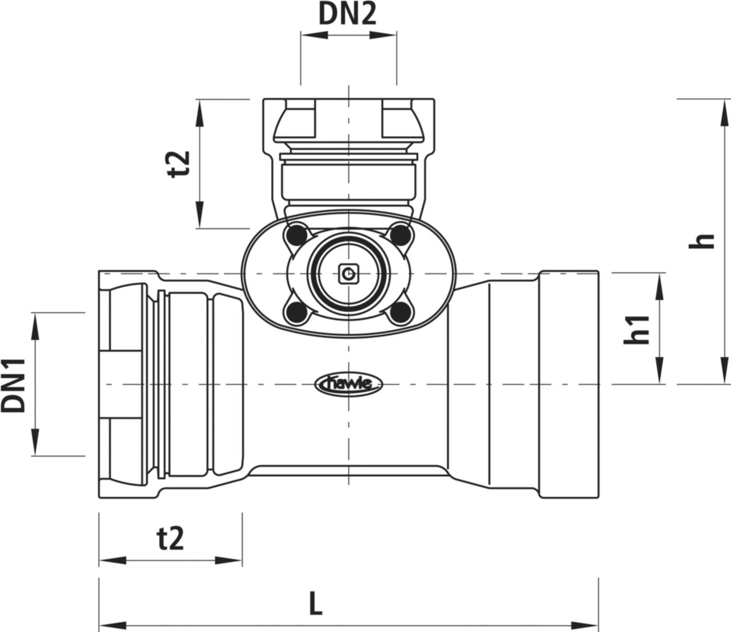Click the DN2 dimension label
click(347, 15)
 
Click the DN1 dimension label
click(14, 385)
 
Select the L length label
click(315, 604)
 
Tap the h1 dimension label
click(637, 329)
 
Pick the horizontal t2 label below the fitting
click(171, 539)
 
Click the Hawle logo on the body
click(349, 385)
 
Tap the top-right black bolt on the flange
click(400, 233)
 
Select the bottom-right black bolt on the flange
click(400, 312)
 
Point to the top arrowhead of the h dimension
click(725, 112)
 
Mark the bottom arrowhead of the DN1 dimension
click(36, 442)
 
